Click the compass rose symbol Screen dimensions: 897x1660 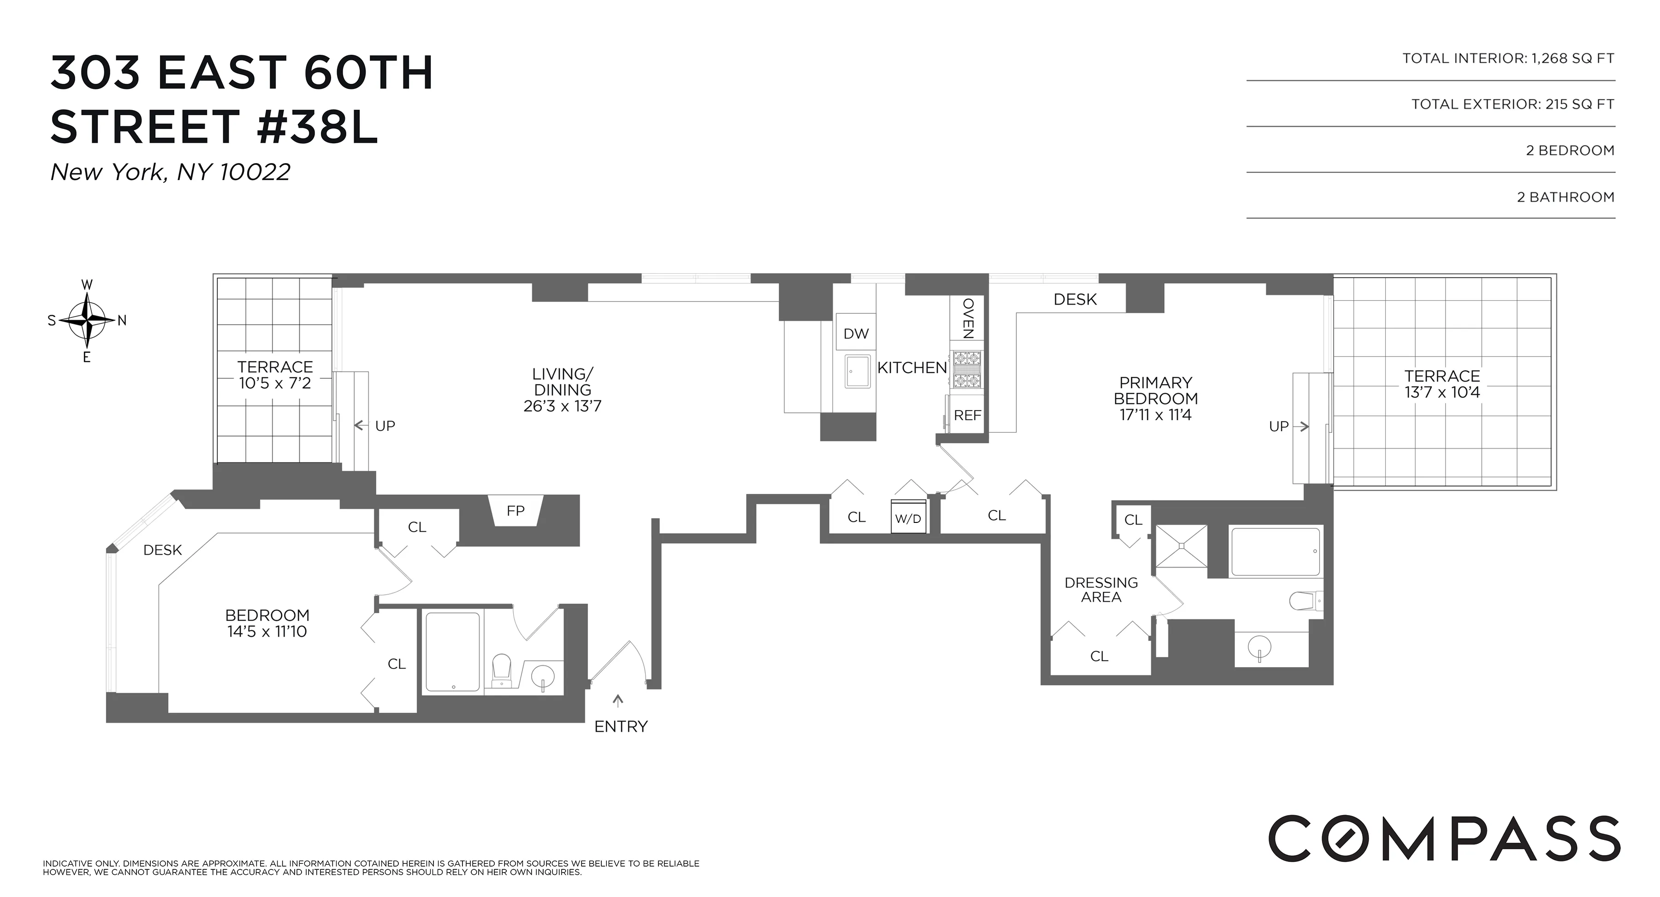coord(87,320)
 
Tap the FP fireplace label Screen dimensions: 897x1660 coord(516,510)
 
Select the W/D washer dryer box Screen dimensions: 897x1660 coord(908,518)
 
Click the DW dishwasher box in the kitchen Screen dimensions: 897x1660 coord(856,334)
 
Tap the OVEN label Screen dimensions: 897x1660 coord(968,318)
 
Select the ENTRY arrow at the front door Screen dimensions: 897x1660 coord(619,701)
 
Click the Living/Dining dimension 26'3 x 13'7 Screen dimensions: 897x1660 coord(562,406)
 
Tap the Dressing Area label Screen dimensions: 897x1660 coord(1101,590)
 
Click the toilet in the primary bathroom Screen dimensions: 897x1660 coord(1304,601)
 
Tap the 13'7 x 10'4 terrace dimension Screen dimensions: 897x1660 coord(1442,392)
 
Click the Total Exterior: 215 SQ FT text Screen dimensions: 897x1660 coord(1512,104)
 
